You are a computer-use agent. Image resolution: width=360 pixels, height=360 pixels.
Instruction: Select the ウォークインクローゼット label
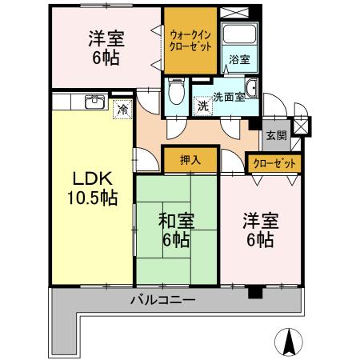point(190,40)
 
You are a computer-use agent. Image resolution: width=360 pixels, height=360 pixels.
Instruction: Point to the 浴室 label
point(239,59)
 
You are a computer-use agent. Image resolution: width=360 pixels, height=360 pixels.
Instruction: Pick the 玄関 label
point(275,135)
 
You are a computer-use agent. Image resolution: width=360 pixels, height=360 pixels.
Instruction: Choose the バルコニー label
point(163,302)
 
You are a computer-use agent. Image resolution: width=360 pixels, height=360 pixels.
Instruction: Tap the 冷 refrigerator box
point(122,109)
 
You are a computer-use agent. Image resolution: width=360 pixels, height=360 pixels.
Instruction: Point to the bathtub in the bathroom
point(239,34)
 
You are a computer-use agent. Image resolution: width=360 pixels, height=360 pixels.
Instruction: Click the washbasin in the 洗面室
point(251,88)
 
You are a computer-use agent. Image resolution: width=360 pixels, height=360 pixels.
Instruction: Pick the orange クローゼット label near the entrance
point(274,163)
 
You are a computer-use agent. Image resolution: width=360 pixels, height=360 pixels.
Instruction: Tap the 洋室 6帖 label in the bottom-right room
point(261,229)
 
